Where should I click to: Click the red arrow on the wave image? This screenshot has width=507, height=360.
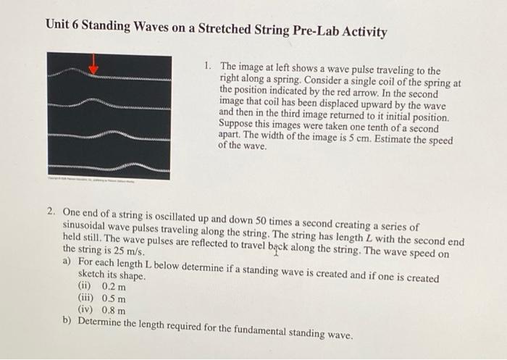(x=93, y=66)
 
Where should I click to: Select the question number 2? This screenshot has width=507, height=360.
(x=51, y=212)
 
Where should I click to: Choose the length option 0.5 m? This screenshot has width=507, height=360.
(x=114, y=298)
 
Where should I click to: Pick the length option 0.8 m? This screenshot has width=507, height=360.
(x=114, y=309)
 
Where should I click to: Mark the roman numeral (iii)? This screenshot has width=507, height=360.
(x=88, y=298)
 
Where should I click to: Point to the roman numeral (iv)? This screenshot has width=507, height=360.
(x=88, y=309)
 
